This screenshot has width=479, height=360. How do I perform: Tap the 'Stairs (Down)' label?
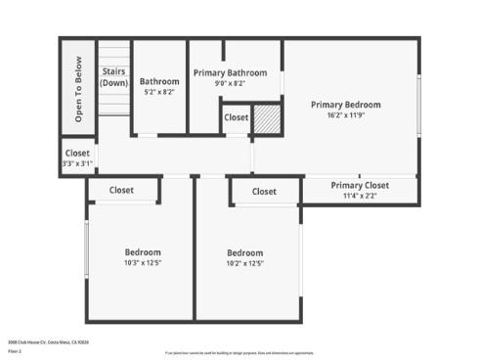point(114,77)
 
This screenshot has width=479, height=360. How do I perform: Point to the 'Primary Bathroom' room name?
point(230,72)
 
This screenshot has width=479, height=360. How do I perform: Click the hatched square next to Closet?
point(267,118)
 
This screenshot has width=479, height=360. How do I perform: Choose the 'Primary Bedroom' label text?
point(346,104)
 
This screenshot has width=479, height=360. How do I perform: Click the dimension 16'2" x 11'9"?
point(346,114)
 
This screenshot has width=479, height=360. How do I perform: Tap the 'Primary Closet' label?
point(360,185)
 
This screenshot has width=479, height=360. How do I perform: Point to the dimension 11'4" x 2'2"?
point(360,196)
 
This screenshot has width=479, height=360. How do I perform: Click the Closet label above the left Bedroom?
point(122,190)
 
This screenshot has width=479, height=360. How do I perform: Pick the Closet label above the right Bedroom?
point(264,192)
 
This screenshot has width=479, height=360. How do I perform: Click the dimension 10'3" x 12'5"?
point(143,262)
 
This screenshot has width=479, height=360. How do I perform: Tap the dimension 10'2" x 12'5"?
point(245,263)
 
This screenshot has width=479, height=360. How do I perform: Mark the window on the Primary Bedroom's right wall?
point(419,105)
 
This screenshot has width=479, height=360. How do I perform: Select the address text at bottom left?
point(48,341)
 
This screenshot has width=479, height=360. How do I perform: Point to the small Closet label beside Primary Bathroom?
point(236,117)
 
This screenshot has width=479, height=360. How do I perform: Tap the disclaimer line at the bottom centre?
point(239,352)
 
